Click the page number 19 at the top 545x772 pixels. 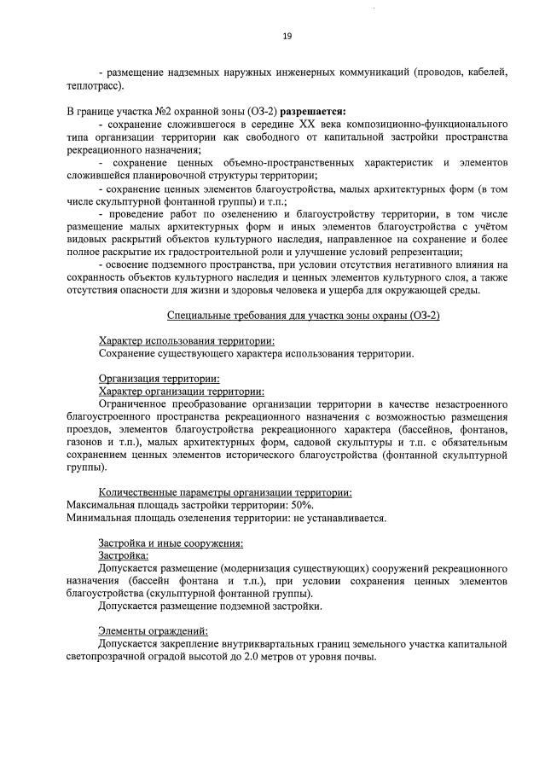(x=287, y=36)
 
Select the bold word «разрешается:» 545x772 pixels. (x=315, y=111)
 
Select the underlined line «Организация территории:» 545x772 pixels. (x=159, y=378)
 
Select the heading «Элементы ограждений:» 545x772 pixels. (x=147, y=630)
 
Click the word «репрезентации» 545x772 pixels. (x=422, y=252)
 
